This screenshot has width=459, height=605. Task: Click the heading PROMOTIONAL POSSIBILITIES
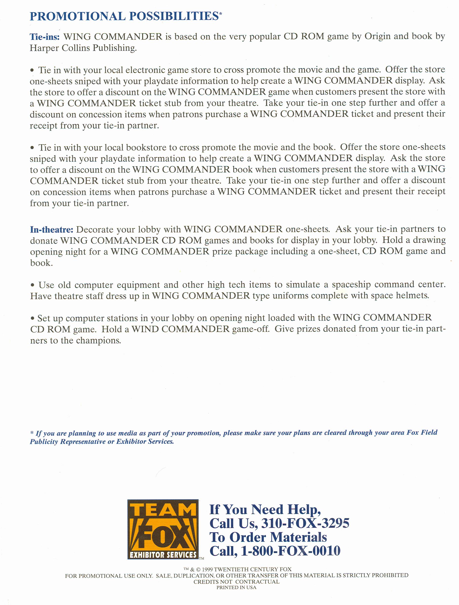coord(124,17)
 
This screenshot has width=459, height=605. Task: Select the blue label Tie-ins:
coord(45,37)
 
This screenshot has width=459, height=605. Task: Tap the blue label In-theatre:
coord(52,229)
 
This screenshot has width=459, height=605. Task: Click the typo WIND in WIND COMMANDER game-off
coord(146,329)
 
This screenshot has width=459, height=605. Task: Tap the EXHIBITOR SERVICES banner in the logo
coord(163,555)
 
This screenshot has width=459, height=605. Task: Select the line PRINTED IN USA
coord(236,587)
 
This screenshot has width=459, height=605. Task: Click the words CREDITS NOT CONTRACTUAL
coord(236,582)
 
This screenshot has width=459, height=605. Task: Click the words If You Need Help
coord(265,509)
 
